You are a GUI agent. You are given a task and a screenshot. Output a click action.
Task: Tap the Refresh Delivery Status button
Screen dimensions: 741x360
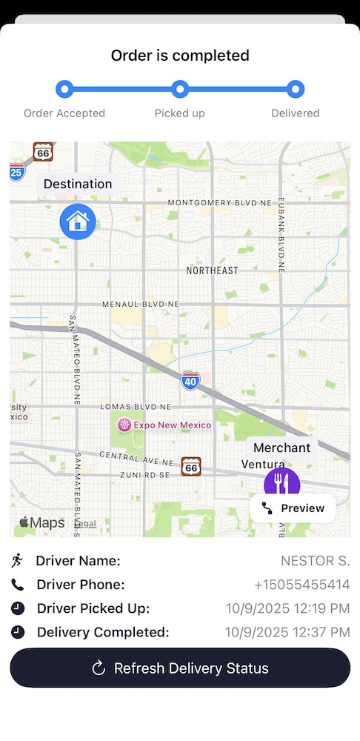(180, 668)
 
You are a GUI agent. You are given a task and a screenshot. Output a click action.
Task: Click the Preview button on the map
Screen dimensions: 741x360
(293, 508)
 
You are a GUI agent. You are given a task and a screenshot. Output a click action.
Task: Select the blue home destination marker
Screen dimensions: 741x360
(78, 221)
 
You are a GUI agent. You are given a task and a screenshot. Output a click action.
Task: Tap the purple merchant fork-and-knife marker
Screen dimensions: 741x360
(282, 485)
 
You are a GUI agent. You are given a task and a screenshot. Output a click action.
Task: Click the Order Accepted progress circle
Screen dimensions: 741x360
(64, 90)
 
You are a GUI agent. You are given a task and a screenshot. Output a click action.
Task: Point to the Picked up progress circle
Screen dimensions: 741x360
(180, 90)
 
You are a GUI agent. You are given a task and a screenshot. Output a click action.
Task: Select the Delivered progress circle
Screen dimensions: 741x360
(296, 90)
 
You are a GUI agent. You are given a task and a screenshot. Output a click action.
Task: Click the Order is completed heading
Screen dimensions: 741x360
(180, 56)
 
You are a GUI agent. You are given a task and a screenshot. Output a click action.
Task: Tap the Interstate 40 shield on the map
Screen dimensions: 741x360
(190, 381)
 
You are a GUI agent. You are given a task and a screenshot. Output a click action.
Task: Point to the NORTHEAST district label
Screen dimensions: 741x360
(213, 270)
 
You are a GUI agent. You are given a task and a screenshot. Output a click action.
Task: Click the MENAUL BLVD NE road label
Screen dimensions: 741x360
(141, 304)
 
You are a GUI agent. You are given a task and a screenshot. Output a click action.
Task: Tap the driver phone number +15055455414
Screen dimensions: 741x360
(301, 585)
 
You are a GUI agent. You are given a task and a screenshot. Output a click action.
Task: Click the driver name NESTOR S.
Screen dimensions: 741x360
(315, 561)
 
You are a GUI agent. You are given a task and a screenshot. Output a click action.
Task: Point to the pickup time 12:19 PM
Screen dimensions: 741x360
(287, 608)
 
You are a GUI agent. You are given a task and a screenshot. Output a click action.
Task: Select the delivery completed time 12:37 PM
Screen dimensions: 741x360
(287, 632)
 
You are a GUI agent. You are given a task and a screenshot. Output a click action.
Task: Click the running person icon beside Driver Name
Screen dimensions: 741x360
(18, 561)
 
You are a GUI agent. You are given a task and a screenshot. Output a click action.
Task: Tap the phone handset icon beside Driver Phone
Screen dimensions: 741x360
(18, 585)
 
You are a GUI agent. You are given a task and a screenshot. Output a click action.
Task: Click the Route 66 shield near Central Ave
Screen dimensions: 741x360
(191, 465)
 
